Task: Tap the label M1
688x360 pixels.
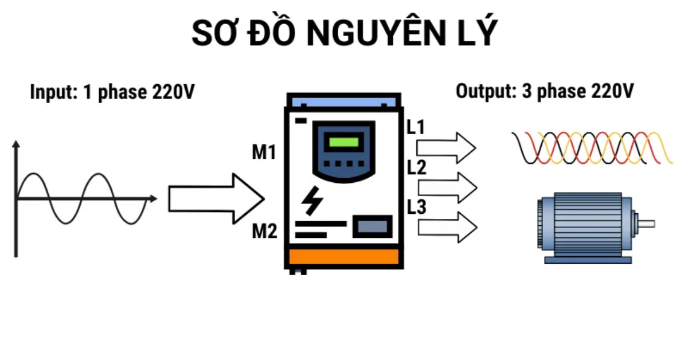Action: pos(264,152)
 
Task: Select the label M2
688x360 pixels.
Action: pos(264,232)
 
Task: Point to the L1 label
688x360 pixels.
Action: pos(416,127)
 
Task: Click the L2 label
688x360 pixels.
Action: pos(416,168)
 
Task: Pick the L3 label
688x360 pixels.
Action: pos(416,207)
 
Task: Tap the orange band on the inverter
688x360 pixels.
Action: pos(343,256)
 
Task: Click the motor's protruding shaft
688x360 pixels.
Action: pos(646,224)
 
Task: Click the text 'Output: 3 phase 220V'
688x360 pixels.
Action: pos(545,91)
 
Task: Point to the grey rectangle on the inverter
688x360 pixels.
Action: pos(372,226)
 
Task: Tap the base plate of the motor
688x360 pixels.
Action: pos(588,259)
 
